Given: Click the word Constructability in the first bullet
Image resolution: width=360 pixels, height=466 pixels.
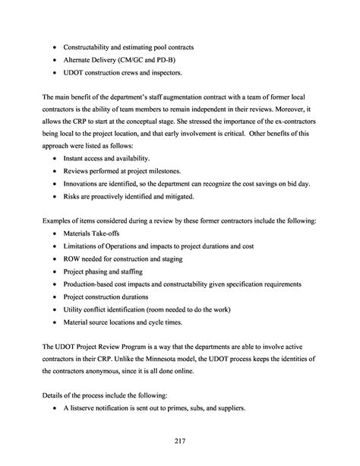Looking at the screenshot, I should pos(95,47).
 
